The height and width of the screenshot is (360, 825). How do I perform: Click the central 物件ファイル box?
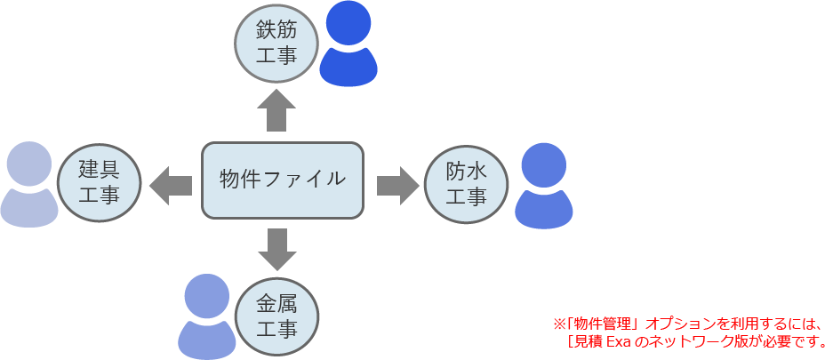tap(283, 180)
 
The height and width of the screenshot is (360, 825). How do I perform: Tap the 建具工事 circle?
tap(99, 182)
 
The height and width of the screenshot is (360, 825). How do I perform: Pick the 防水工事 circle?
tap(466, 182)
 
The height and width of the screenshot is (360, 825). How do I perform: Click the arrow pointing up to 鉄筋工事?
tap(276, 110)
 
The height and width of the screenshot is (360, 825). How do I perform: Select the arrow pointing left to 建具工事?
tap(171, 185)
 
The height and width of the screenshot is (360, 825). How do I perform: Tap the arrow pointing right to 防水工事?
tap(397, 185)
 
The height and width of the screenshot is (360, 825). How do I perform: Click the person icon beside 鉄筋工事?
tap(348, 44)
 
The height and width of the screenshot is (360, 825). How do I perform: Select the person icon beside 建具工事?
tap(29, 184)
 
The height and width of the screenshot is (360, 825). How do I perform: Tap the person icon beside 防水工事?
tap(543, 186)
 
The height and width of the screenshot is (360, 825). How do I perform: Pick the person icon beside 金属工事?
tap(207, 316)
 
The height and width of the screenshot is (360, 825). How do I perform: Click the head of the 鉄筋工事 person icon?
tap(348, 24)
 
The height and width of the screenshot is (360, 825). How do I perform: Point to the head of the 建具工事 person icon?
tap(29, 164)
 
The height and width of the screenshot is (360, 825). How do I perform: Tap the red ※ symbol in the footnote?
tap(559, 323)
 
